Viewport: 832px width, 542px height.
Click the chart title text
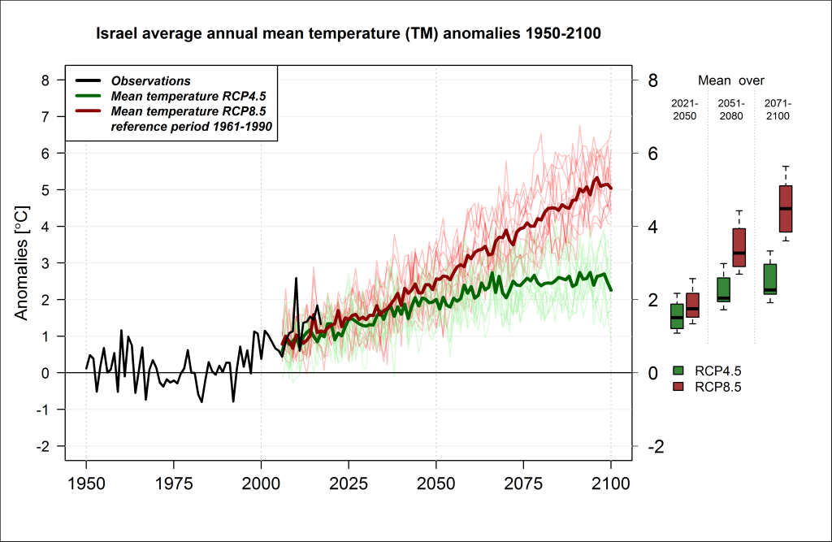click(x=348, y=33)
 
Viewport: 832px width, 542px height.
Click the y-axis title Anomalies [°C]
click(x=21, y=263)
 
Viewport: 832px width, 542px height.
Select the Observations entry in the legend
click(x=132, y=80)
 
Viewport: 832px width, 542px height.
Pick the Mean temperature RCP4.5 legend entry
click(x=171, y=96)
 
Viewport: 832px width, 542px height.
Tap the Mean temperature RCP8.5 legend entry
click(x=171, y=111)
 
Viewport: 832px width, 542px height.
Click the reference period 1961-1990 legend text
click(x=191, y=126)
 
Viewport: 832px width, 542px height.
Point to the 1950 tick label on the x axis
click(x=86, y=483)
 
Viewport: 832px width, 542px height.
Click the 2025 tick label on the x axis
click(x=348, y=483)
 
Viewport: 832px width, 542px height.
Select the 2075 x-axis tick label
click(x=523, y=483)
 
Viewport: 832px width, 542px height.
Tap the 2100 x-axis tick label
click(x=611, y=483)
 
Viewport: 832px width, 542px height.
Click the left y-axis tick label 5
click(x=45, y=190)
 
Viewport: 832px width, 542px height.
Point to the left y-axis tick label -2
click(x=42, y=446)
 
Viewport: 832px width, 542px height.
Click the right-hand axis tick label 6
click(x=652, y=154)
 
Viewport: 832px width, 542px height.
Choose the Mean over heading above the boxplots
click(x=730, y=80)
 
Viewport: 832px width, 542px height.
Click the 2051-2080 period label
click(x=731, y=110)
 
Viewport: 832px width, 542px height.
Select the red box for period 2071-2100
click(x=786, y=209)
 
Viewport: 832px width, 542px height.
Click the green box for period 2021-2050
click(x=677, y=316)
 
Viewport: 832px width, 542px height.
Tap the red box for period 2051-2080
click(x=739, y=247)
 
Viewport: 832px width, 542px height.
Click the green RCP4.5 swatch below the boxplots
click(x=678, y=371)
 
